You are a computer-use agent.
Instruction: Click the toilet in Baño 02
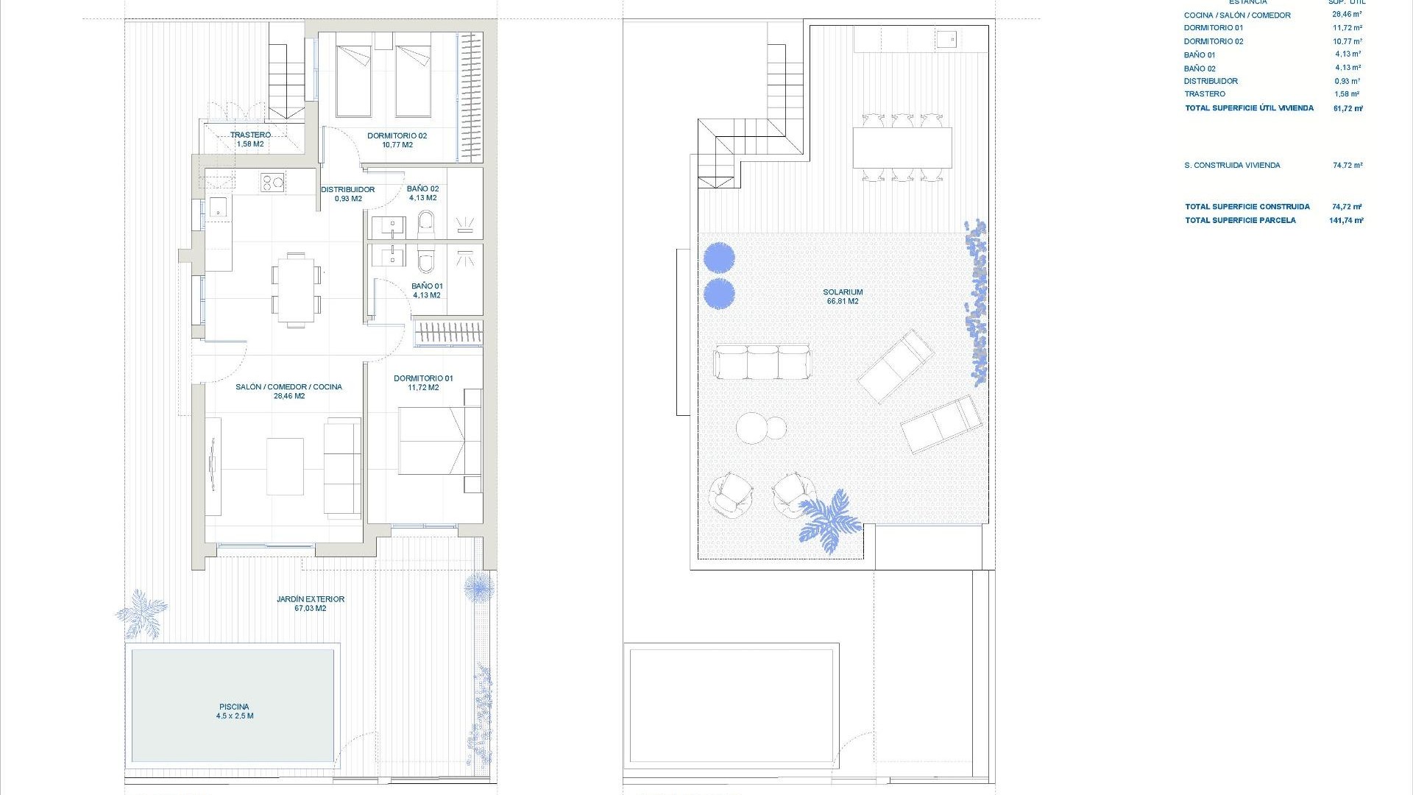(426, 224)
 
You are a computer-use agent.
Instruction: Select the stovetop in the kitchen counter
(272, 182)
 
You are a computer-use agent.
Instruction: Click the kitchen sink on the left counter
(219, 209)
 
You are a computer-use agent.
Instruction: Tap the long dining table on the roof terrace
(902, 147)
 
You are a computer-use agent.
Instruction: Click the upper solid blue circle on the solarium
(719, 258)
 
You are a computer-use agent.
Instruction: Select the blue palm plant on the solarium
(829, 520)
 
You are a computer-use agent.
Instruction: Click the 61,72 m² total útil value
(1348, 108)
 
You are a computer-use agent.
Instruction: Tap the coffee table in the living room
(285, 467)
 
